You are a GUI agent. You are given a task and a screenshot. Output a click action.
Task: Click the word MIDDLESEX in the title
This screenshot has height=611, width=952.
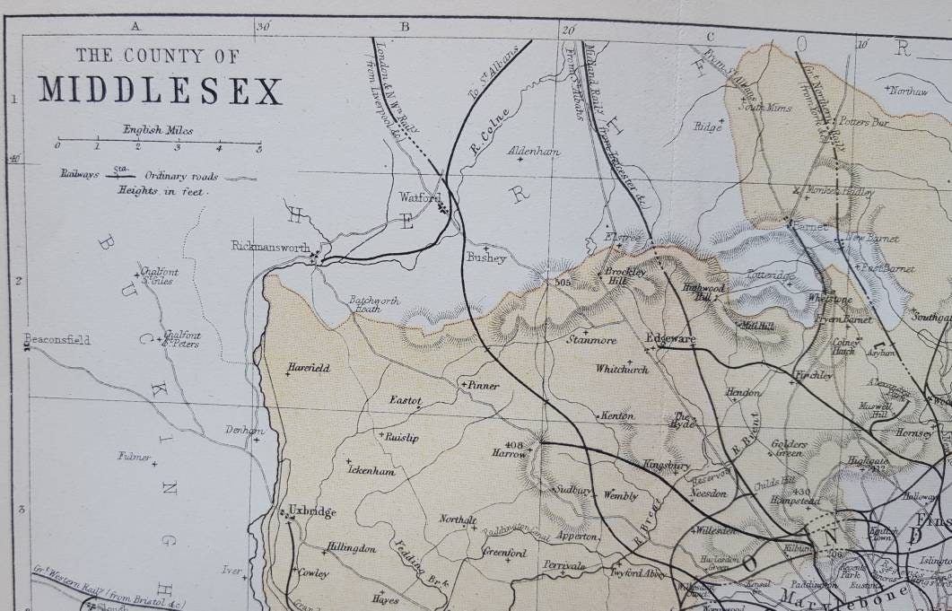(160, 91)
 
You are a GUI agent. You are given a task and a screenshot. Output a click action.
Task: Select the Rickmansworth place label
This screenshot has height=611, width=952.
(270, 246)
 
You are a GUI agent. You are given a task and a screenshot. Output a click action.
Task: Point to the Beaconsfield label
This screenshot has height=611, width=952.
(57, 340)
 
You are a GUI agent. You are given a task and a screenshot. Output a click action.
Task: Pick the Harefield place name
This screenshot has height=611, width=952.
(309, 367)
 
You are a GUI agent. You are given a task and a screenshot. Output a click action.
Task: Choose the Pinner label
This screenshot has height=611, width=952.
(482, 385)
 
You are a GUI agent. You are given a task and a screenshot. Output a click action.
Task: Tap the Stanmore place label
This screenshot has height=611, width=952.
(590, 340)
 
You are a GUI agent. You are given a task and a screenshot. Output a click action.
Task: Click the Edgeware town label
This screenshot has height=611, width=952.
(671, 339)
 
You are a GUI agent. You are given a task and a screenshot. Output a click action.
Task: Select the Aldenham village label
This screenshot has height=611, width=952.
(534, 151)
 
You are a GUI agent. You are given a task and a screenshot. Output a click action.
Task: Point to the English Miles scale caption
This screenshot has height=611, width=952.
(158, 130)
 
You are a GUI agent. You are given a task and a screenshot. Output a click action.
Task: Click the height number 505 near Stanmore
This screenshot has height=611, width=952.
(563, 283)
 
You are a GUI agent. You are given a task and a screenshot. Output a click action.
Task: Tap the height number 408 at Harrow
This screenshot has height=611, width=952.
(514, 444)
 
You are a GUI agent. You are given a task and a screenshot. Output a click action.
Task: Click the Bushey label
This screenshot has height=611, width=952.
(486, 257)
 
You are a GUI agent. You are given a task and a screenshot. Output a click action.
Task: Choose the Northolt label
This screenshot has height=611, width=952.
(458, 519)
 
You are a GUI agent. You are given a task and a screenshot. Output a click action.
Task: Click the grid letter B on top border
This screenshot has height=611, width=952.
(404, 26)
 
